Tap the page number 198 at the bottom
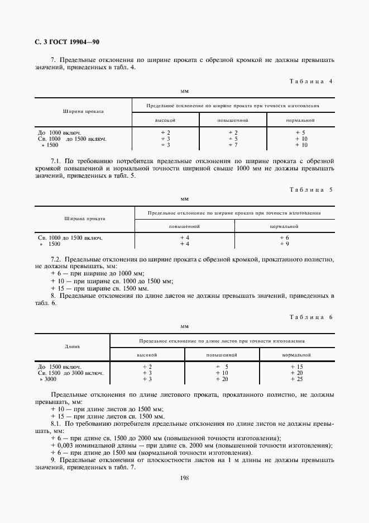[185, 478]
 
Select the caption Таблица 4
[312, 81]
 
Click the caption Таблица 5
[312, 189]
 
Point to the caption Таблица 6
[312, 317]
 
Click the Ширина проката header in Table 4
[83, 111]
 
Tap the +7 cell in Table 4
[233, 145]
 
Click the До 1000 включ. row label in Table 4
[60, 132]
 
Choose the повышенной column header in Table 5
[185, 226]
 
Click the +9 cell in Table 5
[284, 244]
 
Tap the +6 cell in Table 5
[284, 237]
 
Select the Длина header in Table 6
[73, 346]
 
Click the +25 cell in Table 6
[296, 379]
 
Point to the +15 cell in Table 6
[296, 367]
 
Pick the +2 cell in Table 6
[147, 367]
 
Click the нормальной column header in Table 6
[296, 355]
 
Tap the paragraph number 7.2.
[55, 259]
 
